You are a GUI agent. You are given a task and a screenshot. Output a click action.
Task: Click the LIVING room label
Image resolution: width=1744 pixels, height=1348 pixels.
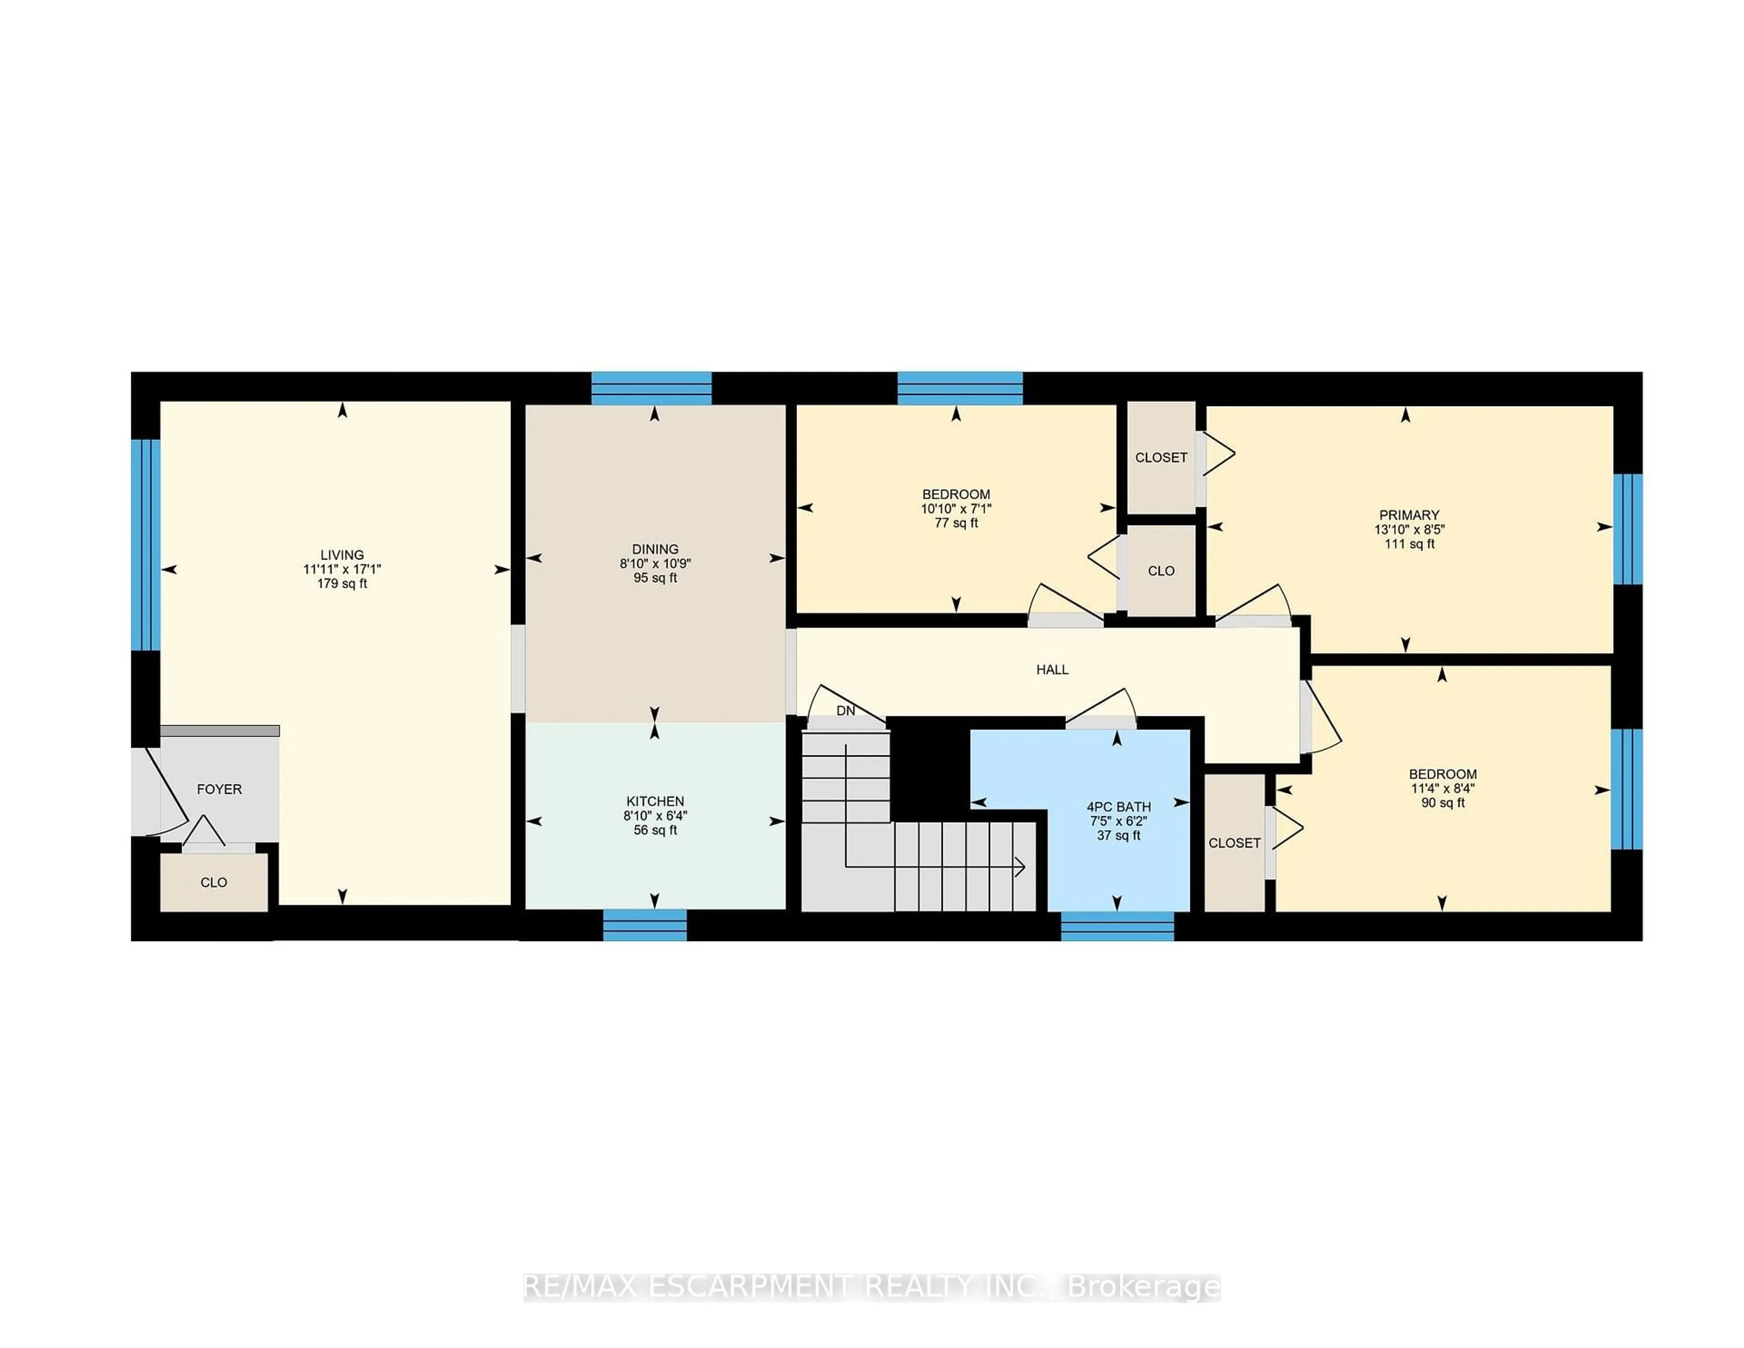click(x=342, y=554)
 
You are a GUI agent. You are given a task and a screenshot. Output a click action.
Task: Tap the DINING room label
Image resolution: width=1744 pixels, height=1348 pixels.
click(x=655, y=549)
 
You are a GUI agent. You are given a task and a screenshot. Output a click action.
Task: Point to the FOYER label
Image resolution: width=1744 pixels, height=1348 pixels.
click(x=219, y=789)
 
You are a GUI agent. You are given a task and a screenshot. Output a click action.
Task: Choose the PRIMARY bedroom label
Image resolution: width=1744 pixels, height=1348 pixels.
click(x=1409, y=515)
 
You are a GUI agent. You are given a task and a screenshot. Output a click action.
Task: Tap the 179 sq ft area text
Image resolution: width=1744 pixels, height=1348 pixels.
click(x=342, y=584)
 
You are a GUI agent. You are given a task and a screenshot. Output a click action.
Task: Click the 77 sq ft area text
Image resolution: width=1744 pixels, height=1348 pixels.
click(x=956, y=523)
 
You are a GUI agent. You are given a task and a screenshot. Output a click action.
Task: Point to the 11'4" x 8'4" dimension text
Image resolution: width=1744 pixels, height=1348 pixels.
click(x=1442, y=788)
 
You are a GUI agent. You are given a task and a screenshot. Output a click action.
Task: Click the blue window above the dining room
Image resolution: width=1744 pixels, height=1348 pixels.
click(x=651, y=388)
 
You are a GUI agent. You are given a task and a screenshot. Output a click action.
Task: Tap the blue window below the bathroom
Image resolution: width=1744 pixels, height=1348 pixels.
click(x=1117, y=927)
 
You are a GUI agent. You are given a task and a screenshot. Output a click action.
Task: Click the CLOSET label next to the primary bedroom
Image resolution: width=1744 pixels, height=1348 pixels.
click(x=1160, y=458)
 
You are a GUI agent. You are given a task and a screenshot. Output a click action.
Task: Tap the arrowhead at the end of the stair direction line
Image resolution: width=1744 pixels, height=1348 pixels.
click(x=1021, y=867)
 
